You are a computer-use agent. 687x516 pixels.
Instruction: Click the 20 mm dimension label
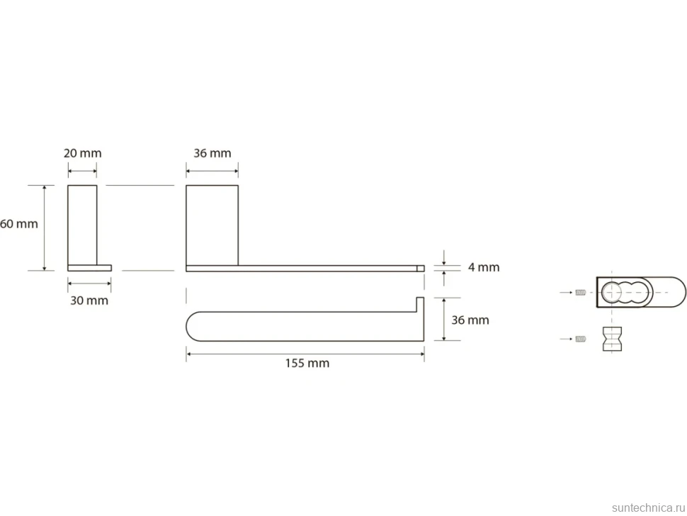tap(82, 153)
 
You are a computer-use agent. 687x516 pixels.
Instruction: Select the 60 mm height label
tap(19, 223)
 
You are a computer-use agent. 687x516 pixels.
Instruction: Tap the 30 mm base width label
tap(89, 301)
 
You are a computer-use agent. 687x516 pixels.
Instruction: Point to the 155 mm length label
tap(307, 363)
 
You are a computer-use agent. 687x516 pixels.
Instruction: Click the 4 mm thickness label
tap(484, 267)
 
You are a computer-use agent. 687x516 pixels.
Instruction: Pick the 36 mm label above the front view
tap(212, 153)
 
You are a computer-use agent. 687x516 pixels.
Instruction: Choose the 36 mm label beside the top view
tap(470, 320)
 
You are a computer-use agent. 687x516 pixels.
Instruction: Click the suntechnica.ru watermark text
tap(648, 507)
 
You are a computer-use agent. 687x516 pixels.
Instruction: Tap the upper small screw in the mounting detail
tap(581, 293)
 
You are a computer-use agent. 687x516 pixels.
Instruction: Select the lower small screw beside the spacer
tap(581, 339)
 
